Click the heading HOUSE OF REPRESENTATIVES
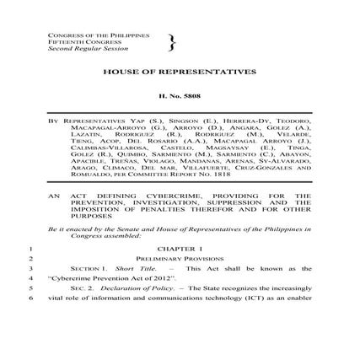point(179,73)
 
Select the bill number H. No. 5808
point(179,99)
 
